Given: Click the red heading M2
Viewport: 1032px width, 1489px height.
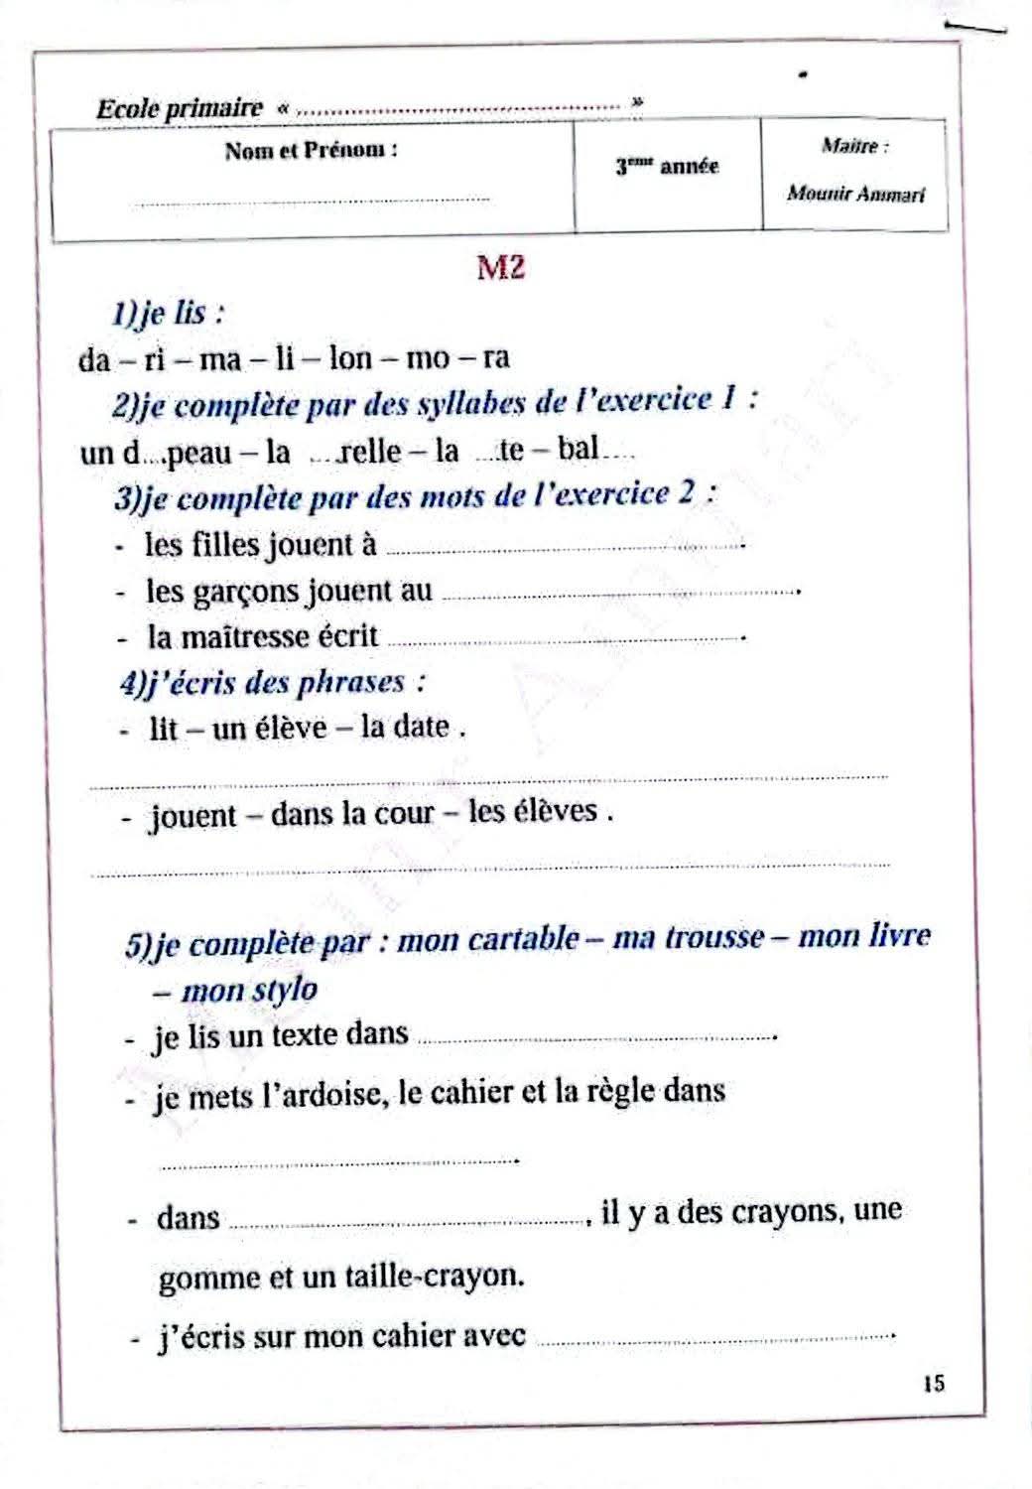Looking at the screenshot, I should tap(500, 268).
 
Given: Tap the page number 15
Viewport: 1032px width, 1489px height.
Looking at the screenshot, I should tap(933, 1383).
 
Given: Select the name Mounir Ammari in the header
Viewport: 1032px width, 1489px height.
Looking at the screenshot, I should tap(855, 194).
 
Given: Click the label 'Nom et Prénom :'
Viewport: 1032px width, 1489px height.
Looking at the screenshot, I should tap(312, 151).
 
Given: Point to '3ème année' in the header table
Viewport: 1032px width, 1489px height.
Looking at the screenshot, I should tap(667, 167).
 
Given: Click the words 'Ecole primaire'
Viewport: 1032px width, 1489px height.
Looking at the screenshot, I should tap(180, 108).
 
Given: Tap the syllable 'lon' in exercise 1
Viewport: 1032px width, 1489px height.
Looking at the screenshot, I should tap(349, 357).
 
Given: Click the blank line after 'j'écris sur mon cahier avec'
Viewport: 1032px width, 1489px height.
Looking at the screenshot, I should tap(714, 1338).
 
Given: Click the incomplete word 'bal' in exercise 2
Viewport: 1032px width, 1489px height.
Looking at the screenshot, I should tap(579, 450).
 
